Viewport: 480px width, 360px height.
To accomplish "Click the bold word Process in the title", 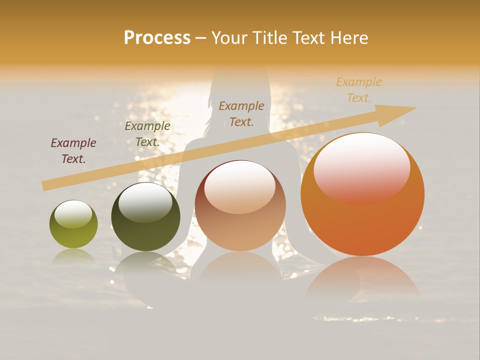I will tap(157, 38).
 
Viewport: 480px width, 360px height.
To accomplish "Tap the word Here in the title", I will tap(349, 38).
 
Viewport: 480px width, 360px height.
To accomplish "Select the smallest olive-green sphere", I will tap(73, 224).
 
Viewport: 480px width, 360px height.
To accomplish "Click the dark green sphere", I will tap(145, 216).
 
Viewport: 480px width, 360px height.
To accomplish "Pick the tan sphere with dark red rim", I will tap(240, 205).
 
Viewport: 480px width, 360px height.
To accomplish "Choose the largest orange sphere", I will tap(362, 194).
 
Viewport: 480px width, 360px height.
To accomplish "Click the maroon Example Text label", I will tap(73, 150).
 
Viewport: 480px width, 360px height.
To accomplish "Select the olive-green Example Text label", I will tap(147, 134).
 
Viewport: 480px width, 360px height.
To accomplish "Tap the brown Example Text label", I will tap(241, 113).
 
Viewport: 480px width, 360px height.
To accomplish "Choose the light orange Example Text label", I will tap(359, 90).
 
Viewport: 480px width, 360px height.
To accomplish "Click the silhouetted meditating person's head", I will tap(240, 80).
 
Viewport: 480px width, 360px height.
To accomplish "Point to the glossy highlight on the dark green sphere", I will tap(145, 201).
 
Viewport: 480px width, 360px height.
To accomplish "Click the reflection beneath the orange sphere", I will tap(362, 280).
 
